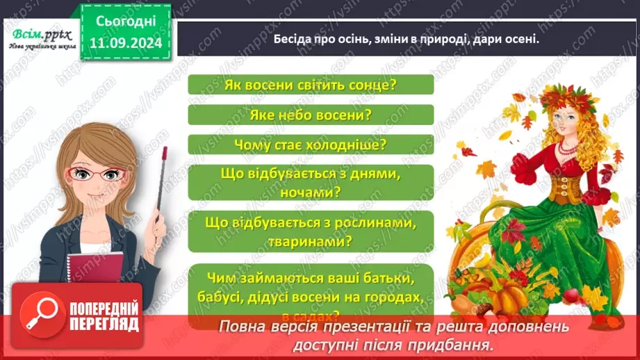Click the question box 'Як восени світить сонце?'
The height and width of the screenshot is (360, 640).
pyautogui.click(x=311, y=85)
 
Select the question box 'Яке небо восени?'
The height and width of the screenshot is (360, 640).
pyautogui.click(x=311, y=115)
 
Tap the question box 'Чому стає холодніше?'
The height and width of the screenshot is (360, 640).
pyautogui.click(x=311, y=145)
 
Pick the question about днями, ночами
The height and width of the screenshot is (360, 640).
pyautogui.click(x=311, y=183)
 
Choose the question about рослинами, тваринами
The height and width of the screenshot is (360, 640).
pyautogui.click(x=311, y=233)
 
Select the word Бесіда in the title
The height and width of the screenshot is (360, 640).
pyautogui.click(x=292, y=40)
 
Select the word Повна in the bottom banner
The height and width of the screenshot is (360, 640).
pyautogui.click(x=243, y=327)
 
